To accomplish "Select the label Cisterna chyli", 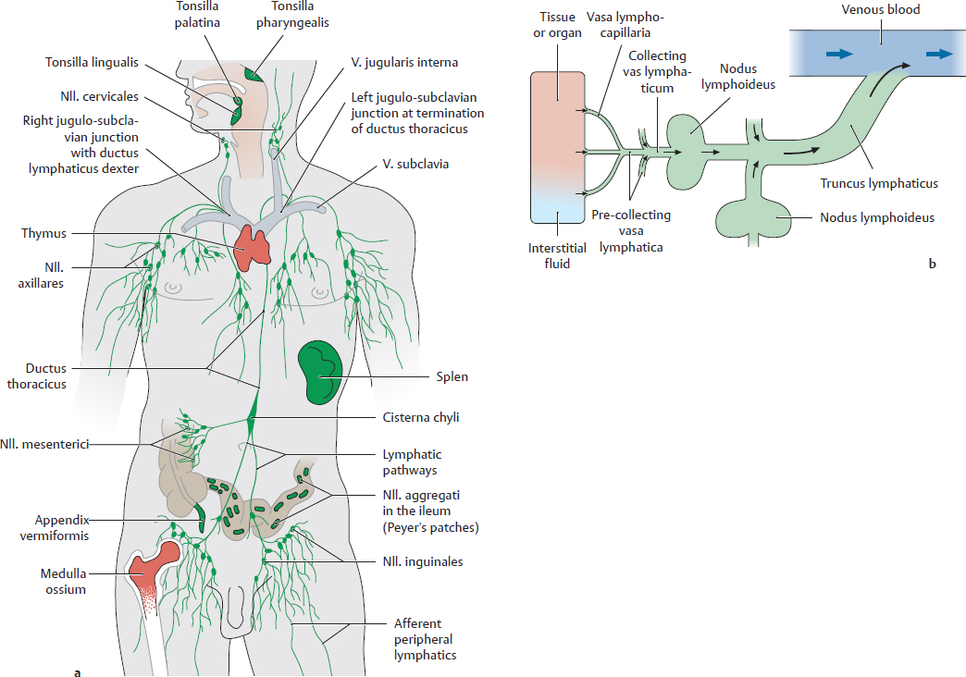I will tap(421, 417).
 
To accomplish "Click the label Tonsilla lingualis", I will tap(92, 63).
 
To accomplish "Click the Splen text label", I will tap(452, 376).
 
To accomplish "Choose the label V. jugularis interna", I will tap(404, 63).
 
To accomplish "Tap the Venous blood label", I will tap(880, 11).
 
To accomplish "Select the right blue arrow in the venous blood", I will tap(938, 55).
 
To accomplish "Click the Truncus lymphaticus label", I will tap(879, 183).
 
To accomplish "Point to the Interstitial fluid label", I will tap(558, 254).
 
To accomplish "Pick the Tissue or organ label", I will tap(557, 25).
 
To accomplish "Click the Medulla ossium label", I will tap(63, 581).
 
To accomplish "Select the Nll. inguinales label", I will tap(423, 561).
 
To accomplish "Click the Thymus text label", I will tap(44, 234).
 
